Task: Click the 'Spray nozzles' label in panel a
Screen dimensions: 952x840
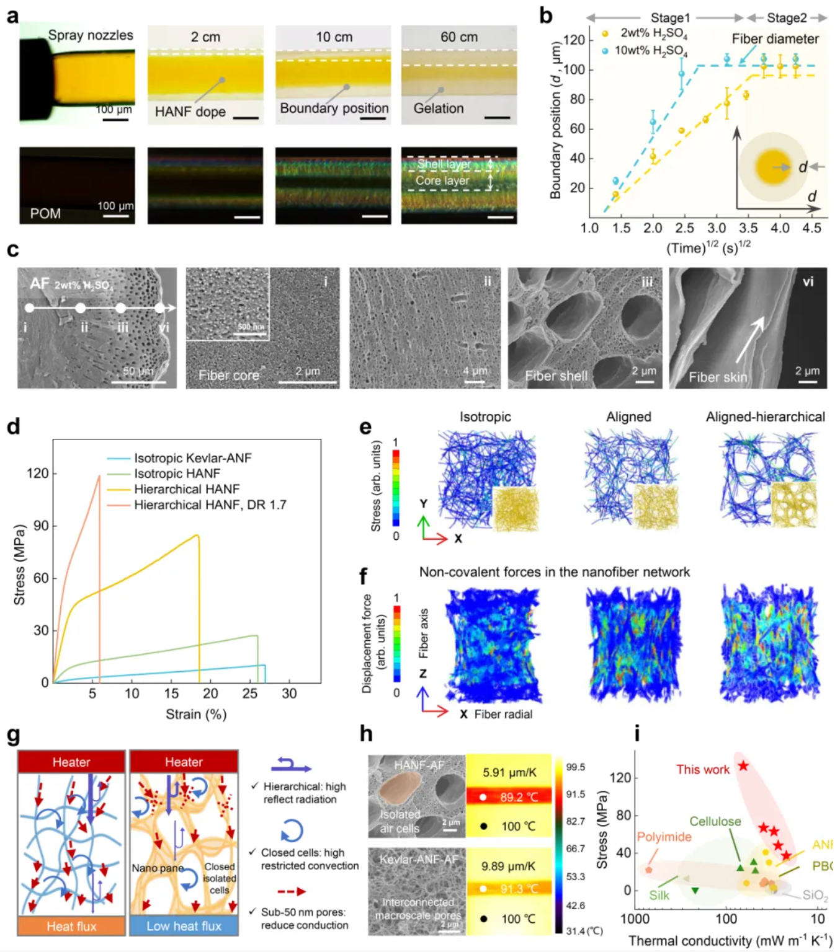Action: tap(91, 35)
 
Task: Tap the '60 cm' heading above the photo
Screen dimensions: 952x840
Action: tap(459, 37)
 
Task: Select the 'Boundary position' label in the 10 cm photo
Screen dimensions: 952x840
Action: tap(334, 108)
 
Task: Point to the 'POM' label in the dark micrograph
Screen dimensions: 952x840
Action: tap(45, 214)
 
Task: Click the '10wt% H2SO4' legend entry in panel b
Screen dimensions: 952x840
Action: tap(651, 50)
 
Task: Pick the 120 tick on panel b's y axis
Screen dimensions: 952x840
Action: tap(574, 40)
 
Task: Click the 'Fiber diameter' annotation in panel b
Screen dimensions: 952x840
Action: tap(775, 39)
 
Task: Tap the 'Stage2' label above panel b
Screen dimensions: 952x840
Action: tap(787, 18)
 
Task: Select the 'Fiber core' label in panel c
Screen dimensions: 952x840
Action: tap(229, 375)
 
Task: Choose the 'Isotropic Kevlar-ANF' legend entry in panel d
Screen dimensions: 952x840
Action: tap(193, 458)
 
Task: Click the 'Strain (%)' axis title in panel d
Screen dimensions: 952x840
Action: tap(196, 714)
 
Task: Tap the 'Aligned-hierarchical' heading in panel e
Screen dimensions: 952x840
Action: tap(765, 417)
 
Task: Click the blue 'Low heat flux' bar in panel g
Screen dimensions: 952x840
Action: tap(184, 926)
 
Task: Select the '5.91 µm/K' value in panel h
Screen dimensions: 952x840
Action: tap(509, 772)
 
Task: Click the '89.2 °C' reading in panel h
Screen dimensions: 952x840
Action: tap(519, 797)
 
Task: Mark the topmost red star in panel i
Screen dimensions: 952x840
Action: tap(743, 766)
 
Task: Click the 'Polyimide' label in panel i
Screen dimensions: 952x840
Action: tap(664, 837)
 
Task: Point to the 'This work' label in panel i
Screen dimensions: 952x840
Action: tap(703, 770)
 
